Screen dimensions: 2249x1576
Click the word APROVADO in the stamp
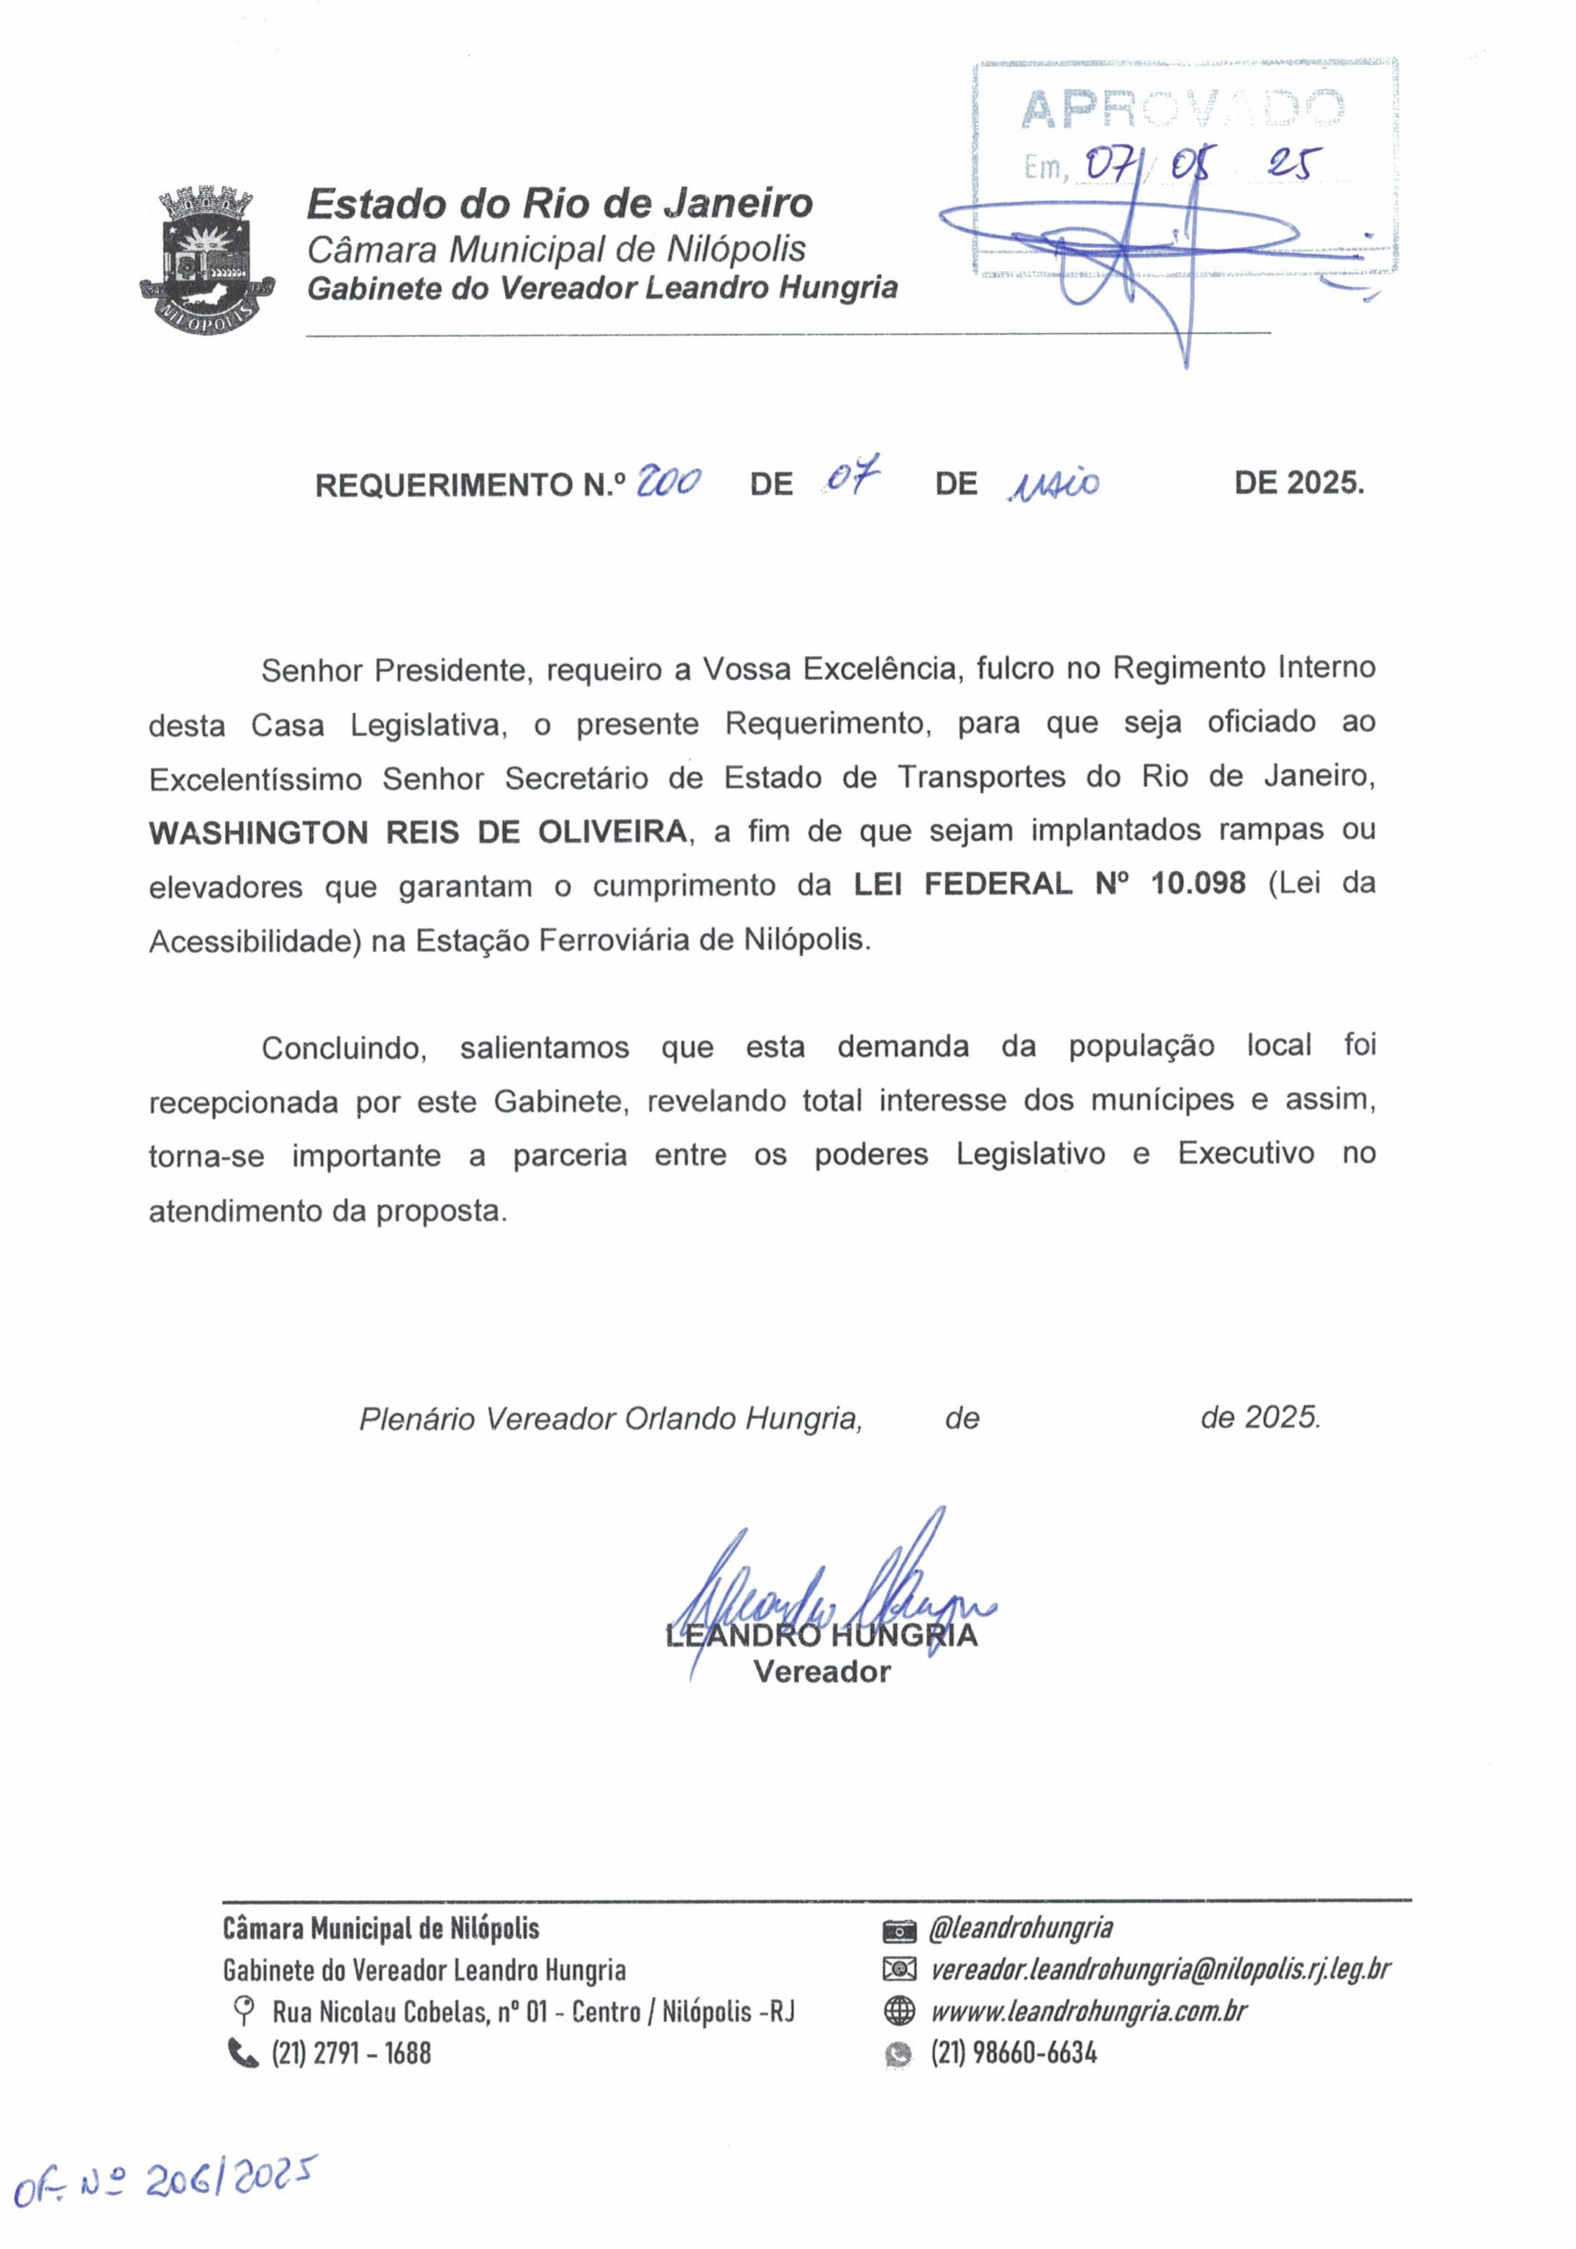click(x=1182, y=110)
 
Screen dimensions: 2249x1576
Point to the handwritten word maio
click(x=1053, y=483)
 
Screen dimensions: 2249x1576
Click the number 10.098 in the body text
click(x=1197, y=884)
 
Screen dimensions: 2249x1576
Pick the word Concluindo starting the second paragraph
click(x=343, y=1048)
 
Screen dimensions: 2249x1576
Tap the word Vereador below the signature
click(x=821, y=1672)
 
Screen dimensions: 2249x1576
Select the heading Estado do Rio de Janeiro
click(x=560, y=204)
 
